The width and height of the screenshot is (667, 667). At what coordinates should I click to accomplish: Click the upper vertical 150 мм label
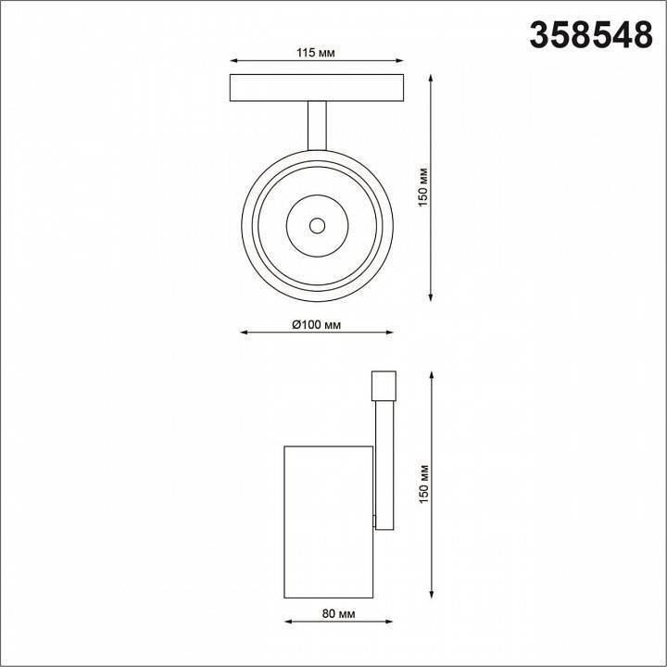coord(422,186)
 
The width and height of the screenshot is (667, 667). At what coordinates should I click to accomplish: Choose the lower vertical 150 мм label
coord(422,484)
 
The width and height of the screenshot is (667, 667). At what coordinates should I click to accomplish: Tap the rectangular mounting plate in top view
coord(317,88)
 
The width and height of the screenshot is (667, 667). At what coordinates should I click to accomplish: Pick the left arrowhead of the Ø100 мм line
coord(244,333)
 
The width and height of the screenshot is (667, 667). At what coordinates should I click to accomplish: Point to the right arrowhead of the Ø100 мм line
coord(390,333)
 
